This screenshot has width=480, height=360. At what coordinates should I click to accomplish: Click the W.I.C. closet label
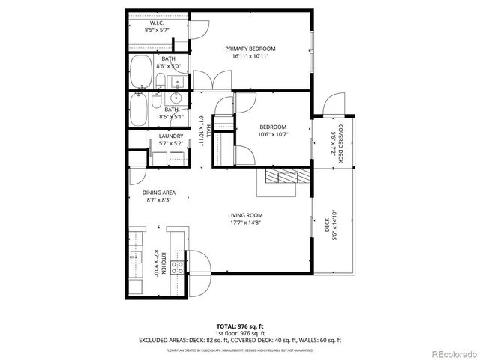pos(157,27)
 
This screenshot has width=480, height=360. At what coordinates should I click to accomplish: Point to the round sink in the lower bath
pos(177,98)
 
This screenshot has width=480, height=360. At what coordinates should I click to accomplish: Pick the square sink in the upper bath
pos(177,82)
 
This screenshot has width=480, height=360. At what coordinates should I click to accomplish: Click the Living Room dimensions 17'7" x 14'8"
pos(246,223)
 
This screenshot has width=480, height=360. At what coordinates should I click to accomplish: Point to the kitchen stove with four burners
pos(178,265)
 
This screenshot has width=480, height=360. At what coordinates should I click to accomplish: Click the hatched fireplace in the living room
pos(285,178)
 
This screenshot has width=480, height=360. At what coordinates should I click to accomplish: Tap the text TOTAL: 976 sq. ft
pos(239,327)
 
